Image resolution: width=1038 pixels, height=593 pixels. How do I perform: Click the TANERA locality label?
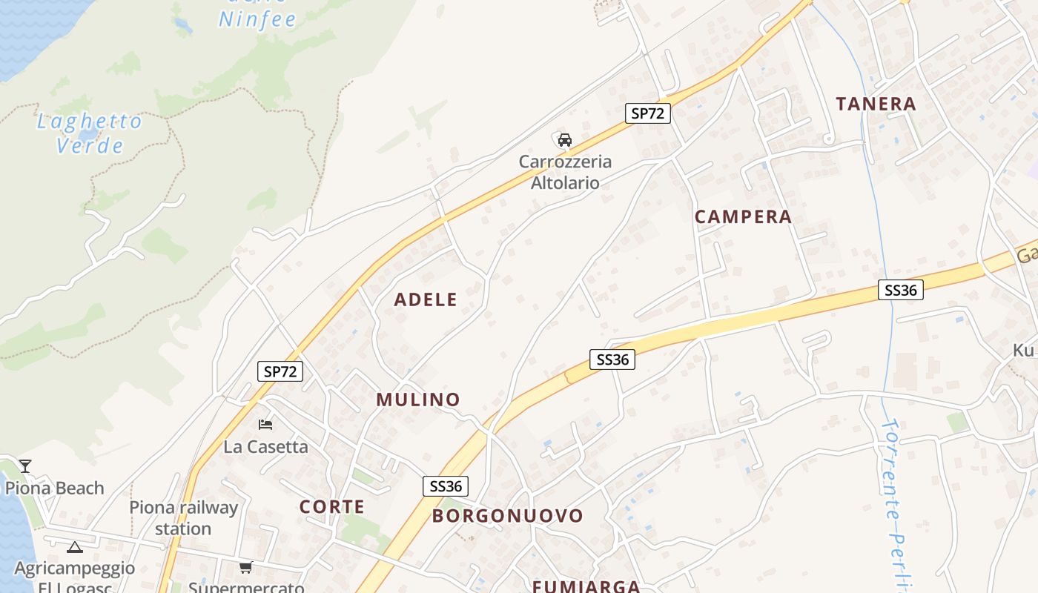click(x=876, y=104)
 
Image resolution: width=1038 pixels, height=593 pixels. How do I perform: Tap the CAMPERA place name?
click(x=743, y=217)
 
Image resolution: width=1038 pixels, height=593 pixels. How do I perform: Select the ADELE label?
click(x=426, y=300)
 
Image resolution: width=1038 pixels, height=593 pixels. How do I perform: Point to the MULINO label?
click(x=418, y=400)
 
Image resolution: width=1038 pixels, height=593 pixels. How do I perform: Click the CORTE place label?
click(x=331, y=507)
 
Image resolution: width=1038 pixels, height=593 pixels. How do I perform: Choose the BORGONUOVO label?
click(x=508, y=516)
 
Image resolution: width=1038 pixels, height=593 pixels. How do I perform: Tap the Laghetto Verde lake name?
click(x=90, y=133)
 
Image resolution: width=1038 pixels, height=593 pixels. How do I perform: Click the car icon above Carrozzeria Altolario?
click(x=565, y=139)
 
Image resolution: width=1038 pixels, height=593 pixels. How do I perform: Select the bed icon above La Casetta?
click(x=265, y=425)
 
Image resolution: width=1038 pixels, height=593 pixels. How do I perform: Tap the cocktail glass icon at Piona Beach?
click(x=25, y=466)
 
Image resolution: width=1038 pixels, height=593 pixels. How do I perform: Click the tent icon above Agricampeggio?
click(x=74, y=548)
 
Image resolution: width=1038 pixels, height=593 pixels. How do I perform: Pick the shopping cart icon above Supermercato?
click(x=245, y=568)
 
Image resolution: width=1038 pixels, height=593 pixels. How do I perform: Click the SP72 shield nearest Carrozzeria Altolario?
click(x=647, y=113)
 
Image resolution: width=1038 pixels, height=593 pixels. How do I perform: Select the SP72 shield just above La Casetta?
click(x=280, y=371)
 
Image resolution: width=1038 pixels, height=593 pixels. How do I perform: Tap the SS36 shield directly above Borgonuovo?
click(x=446, y=486)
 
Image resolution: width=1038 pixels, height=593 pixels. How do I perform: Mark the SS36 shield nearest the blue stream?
click(x=901, y=290)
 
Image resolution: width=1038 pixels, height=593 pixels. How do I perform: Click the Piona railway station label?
click(x=183, y=518)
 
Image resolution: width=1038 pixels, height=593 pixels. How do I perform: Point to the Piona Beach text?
click(x=55, y=488)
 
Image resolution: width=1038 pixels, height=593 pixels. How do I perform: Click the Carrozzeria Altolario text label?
click(x=565, y=172)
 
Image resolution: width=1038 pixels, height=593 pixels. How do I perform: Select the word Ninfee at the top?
click(x=257, y=19)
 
